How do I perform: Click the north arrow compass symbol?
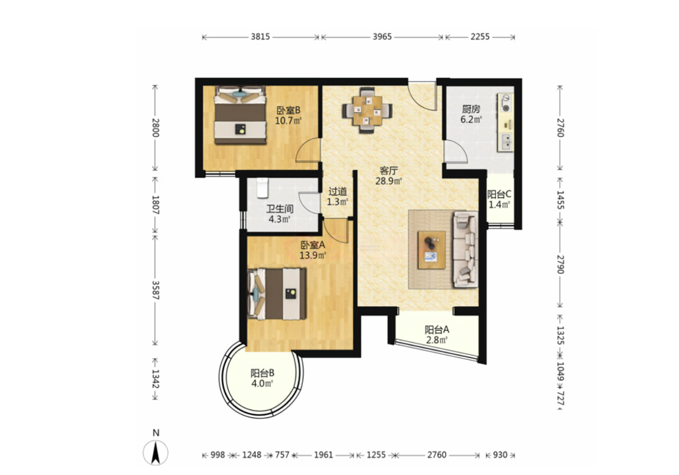155,452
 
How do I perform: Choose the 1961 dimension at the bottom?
323,455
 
